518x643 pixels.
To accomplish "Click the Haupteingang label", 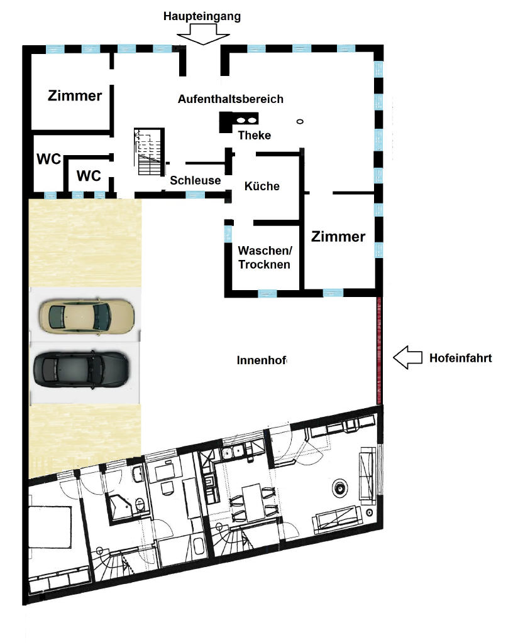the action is [202, 16].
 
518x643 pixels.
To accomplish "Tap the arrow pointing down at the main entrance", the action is [203, 35].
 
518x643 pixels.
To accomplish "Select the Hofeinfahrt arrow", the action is [407, 357].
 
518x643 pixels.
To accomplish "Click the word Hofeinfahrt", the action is [461, 358].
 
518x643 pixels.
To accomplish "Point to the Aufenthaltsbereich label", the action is [230, 99].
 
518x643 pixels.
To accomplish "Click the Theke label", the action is [255, 136].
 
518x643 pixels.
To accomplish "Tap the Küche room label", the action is [262, 186].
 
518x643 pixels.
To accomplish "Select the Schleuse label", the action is [196, 180].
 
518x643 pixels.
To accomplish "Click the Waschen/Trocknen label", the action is [265, 257].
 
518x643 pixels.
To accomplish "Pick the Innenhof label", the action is [262, 360].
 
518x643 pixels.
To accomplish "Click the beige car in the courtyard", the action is [87, 316].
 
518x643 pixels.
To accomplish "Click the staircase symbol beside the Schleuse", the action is [150, 152].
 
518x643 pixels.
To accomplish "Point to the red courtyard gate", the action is [379, 350].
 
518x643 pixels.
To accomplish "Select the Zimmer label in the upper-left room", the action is [75, 96].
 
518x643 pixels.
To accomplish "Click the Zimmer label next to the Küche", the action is [338, 237].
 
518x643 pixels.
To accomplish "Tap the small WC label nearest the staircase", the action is [89, 176].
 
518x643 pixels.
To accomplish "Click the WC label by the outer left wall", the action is [48, 159].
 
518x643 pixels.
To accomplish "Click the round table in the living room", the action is [340, 489].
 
